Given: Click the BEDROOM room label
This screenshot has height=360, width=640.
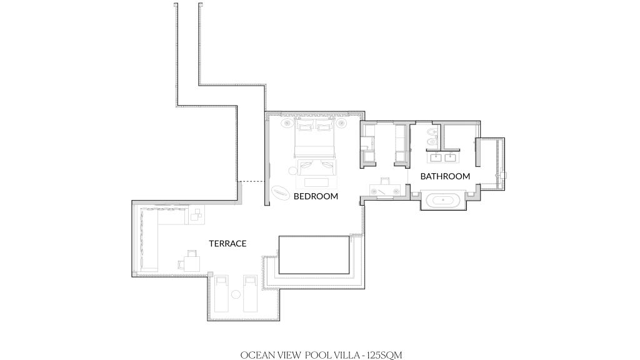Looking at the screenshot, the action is click(x=316, y=196).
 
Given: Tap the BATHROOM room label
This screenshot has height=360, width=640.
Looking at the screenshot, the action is click(x=445, y=176).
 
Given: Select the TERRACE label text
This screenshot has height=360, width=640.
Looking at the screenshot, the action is click(x=227, y=244).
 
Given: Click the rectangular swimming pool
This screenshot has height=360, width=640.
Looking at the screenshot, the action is click(x=314, y=255).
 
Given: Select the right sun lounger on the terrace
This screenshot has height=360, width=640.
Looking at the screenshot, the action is click(x=250, y=294).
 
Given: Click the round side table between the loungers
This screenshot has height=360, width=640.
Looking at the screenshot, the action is click(x=236, y=294).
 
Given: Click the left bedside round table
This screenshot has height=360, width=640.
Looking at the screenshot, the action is click(x=287, y=123).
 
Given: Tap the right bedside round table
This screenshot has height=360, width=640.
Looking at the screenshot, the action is click(x=342, y=123).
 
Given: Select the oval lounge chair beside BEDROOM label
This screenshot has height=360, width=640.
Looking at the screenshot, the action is click(x=281, y=192).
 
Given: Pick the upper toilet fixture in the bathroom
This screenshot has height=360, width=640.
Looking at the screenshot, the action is click(x=431, y=132).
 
